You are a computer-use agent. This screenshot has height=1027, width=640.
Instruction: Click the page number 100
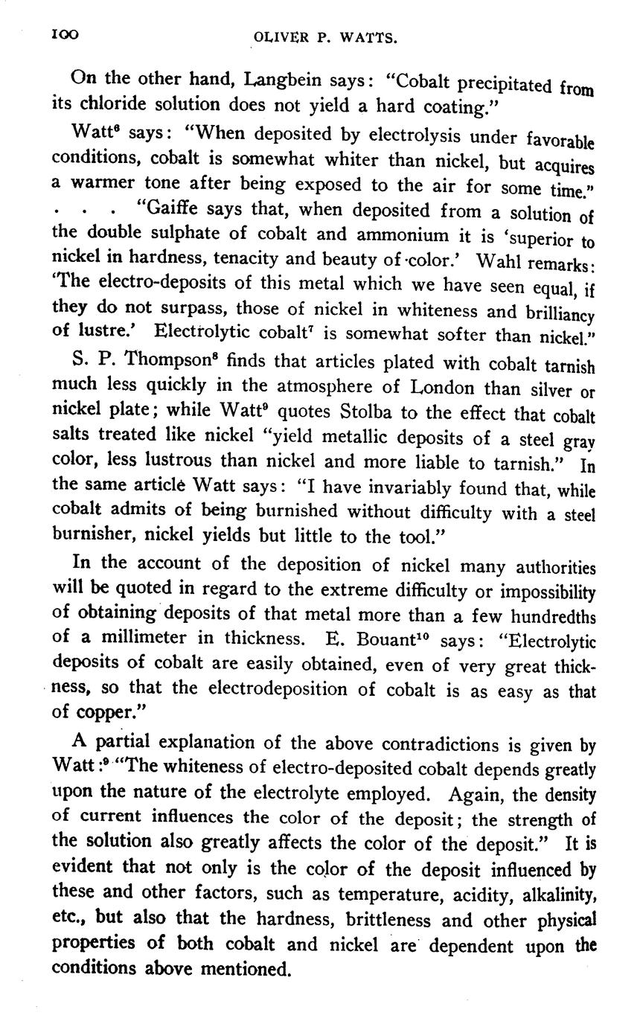pyautogui.click(x=65, y=36)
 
